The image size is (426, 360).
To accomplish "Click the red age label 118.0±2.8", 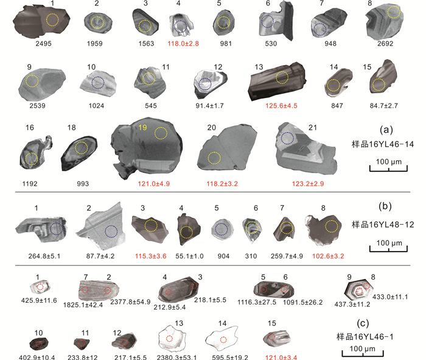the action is tap(183, 43).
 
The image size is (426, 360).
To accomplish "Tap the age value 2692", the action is tap(385, 43).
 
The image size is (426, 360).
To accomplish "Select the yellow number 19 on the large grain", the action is tap(142, 127).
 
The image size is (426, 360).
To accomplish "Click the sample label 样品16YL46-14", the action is tap(383, 144).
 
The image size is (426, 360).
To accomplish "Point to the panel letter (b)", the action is tap(385, 206).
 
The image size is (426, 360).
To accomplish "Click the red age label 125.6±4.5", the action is tap(281, 105).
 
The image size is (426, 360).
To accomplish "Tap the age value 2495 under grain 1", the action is tap(43, 43).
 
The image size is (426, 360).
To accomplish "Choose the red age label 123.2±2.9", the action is tap(308, 184).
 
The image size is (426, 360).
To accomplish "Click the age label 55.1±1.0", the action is tap(189, 256).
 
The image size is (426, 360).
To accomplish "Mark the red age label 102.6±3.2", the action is tap(328, 256).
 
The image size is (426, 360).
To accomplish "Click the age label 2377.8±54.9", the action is tap(130, 302).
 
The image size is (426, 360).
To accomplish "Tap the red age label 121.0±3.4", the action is tap(281, 357).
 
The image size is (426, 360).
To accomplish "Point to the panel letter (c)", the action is tap(363, 323).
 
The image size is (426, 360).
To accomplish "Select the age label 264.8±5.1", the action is tap(44, 256).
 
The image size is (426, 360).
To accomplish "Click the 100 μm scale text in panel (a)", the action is tap(388, 162).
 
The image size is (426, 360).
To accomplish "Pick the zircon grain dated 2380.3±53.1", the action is tap(172, 339).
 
